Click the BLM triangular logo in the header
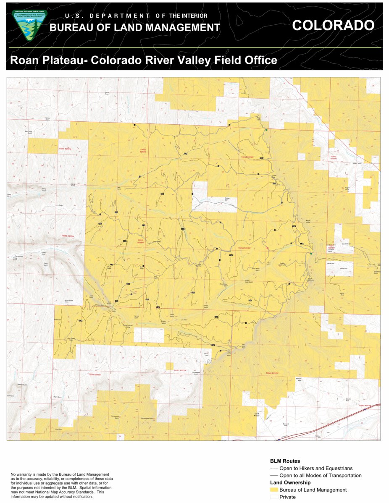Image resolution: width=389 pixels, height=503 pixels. point(30,25)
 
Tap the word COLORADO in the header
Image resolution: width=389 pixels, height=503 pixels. point(333,25)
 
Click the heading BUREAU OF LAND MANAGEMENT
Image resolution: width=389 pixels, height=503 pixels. point(134,28)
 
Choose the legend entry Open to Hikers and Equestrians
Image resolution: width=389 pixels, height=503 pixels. point(316,468)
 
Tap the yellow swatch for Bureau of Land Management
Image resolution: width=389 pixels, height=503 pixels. point(274,490)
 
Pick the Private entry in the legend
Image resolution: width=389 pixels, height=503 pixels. point(288,497)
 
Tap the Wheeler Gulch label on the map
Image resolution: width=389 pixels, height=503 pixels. point(18,384)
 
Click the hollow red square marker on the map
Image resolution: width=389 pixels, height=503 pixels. point(268,248)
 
